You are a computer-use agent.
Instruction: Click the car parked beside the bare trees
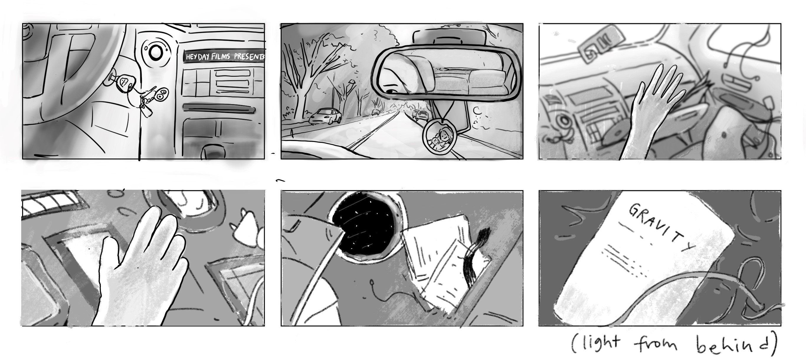tap(325, 116)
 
